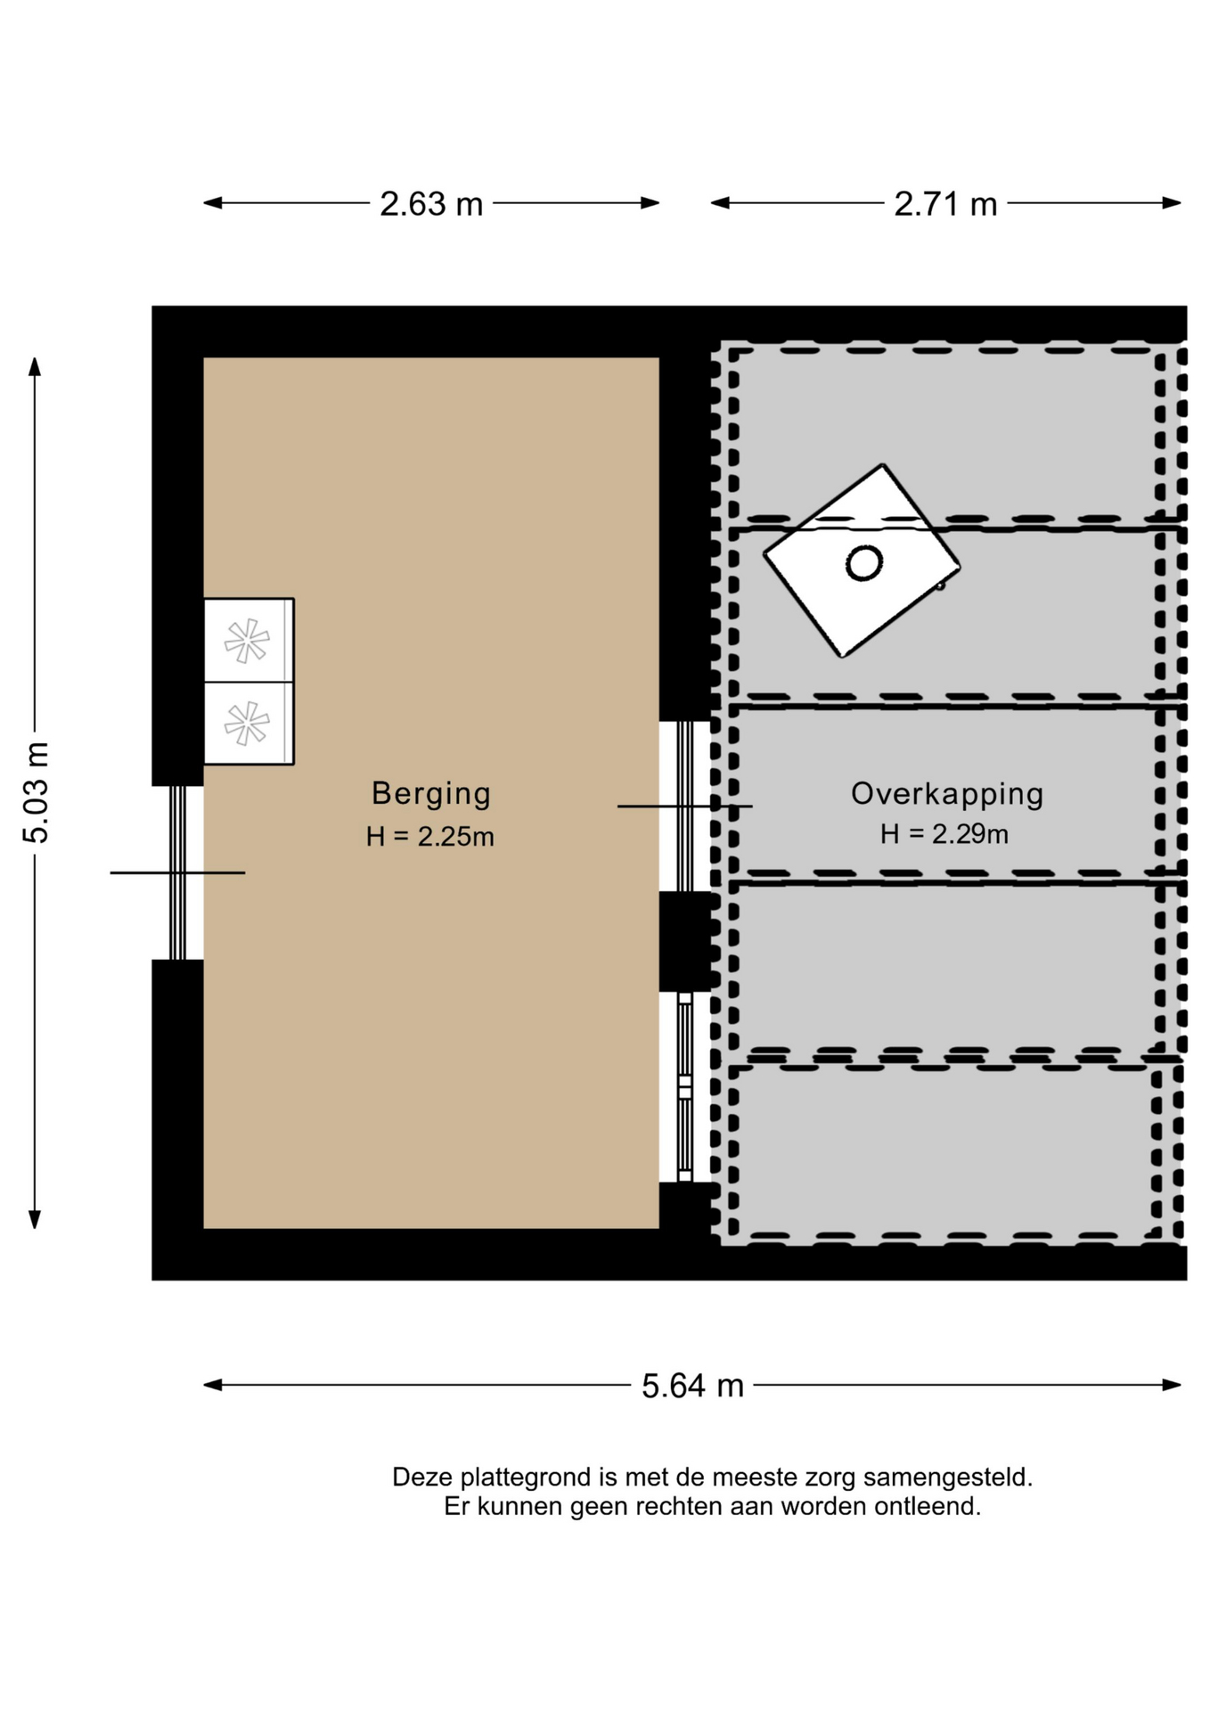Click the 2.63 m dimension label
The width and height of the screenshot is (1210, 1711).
click(x=431, y=204)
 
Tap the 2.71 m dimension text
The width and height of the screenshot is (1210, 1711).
click(x=945, y=204)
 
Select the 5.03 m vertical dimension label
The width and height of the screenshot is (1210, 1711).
click(x=37, y=792)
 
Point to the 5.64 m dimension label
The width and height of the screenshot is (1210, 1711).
click(x=692, y=1386)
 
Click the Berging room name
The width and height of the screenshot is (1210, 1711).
click(x=431, y=794)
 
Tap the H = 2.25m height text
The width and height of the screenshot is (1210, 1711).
click(x=430, y=837)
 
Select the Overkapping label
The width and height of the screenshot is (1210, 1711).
click(x=947, y=794)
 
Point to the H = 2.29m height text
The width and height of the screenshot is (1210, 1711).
click(x=944, y=834)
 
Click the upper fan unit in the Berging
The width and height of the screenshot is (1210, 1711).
click(x=249, y=641)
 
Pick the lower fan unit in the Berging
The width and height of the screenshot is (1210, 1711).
click(x=249, y=724)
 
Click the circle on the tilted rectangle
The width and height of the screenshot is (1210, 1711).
click(x=864, y=562)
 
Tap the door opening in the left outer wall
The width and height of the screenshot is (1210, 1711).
click(x=177, y=872)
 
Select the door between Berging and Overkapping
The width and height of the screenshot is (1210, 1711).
click(x=684, y=806)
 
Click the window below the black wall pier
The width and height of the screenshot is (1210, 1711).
click(x=684, y=1087)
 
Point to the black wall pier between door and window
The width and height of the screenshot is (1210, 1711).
click(x=686, y=942)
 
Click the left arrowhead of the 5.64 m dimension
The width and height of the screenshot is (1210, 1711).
click(x=213, y=1385)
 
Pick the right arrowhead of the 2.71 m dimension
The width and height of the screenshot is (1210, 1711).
click(x=1172, y=203)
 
